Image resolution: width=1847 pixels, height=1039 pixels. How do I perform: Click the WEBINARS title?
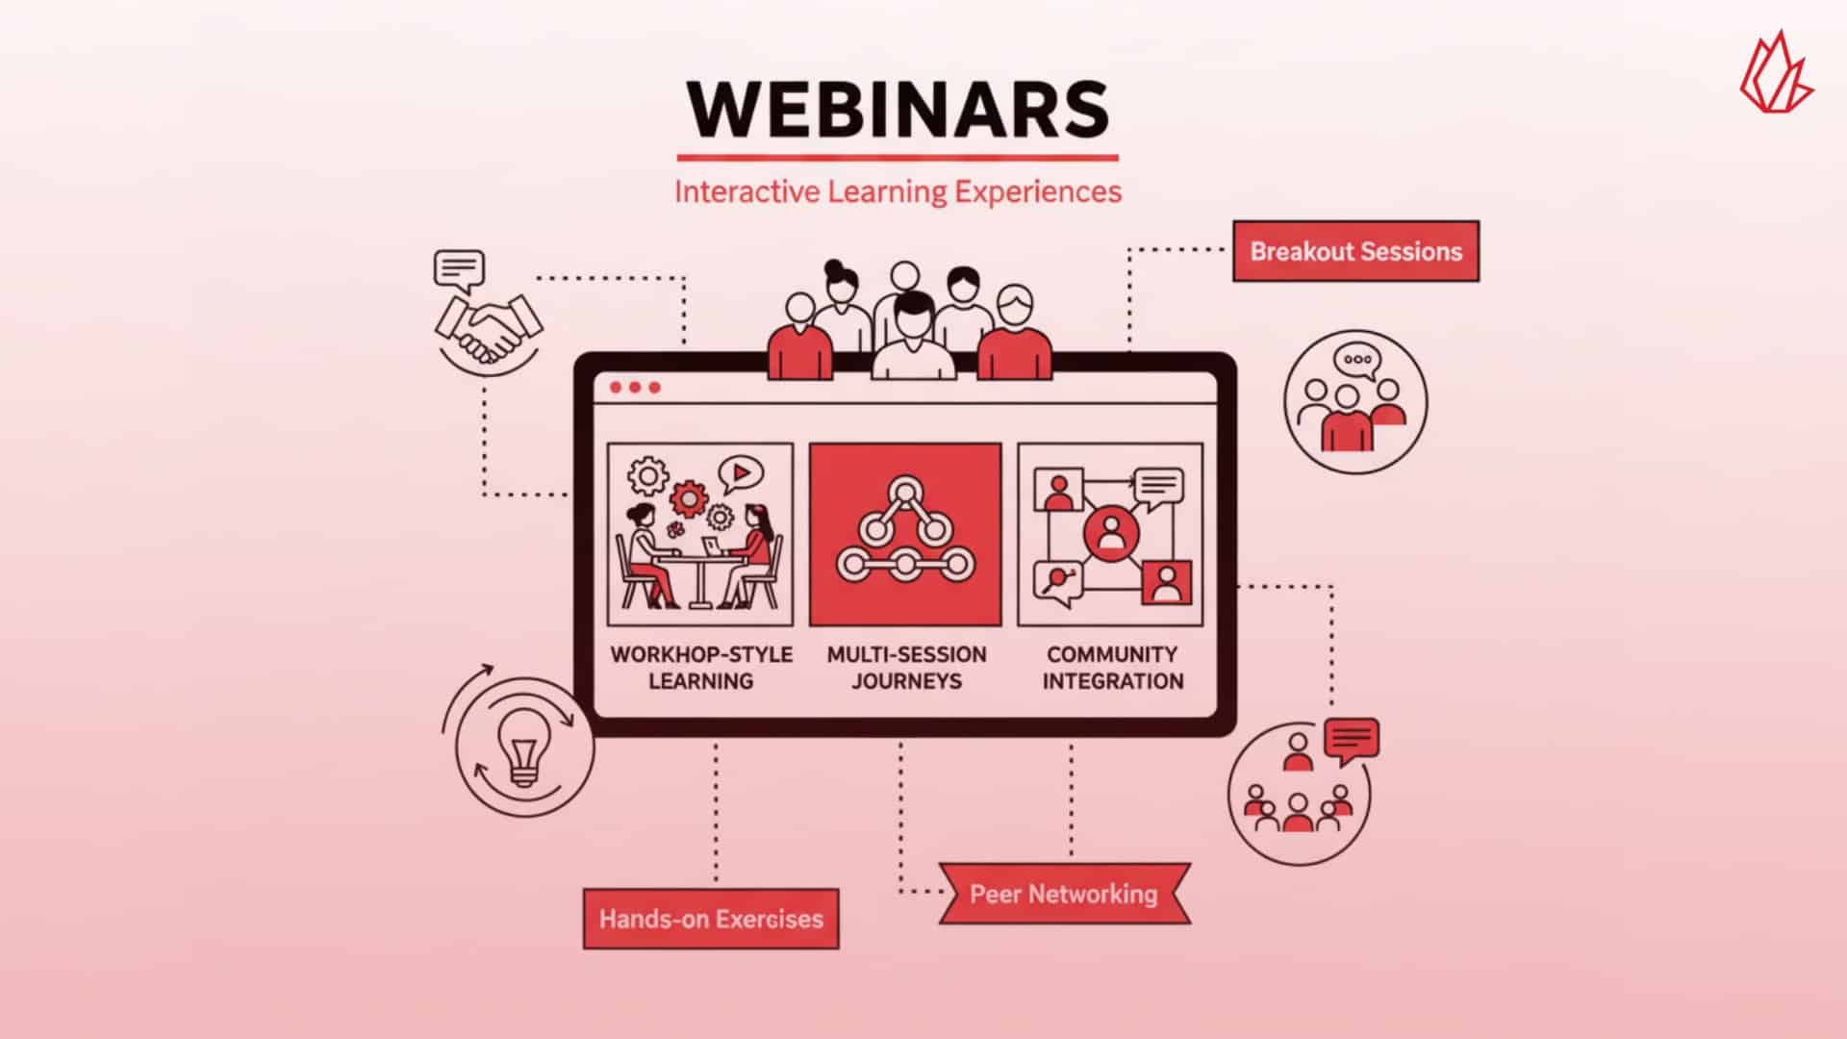(x=898, y=109)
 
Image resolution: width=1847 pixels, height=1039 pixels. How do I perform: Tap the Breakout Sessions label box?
(x=1355, y=251)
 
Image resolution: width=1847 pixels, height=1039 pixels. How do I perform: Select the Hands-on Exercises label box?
(x=711, y=919)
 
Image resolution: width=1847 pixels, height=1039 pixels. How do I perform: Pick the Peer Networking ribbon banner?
(x=1064, y=894)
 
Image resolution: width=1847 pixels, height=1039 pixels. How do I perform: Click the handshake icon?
(x=489, y=328)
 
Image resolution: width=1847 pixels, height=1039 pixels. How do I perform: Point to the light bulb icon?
(x=522, y=748)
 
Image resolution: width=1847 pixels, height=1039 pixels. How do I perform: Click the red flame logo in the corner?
(x=1775, y=75)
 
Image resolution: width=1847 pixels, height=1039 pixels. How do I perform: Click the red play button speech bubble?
(x=740, y=472)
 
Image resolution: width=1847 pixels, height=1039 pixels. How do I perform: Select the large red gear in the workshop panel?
(x=689, y=498)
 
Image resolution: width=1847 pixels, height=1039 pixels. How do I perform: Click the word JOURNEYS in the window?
(x=906, y=681)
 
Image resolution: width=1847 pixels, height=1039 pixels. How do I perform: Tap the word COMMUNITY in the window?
(x=1112, y=654)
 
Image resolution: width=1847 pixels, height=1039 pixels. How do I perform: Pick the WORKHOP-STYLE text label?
(x=701, y=654)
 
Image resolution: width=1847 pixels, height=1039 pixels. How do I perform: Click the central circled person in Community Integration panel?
(x=1111, y=532)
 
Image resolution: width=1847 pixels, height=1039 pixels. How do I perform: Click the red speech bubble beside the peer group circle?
(x=1352, y=740)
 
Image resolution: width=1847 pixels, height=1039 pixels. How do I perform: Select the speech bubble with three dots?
(x=1357, y=362)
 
